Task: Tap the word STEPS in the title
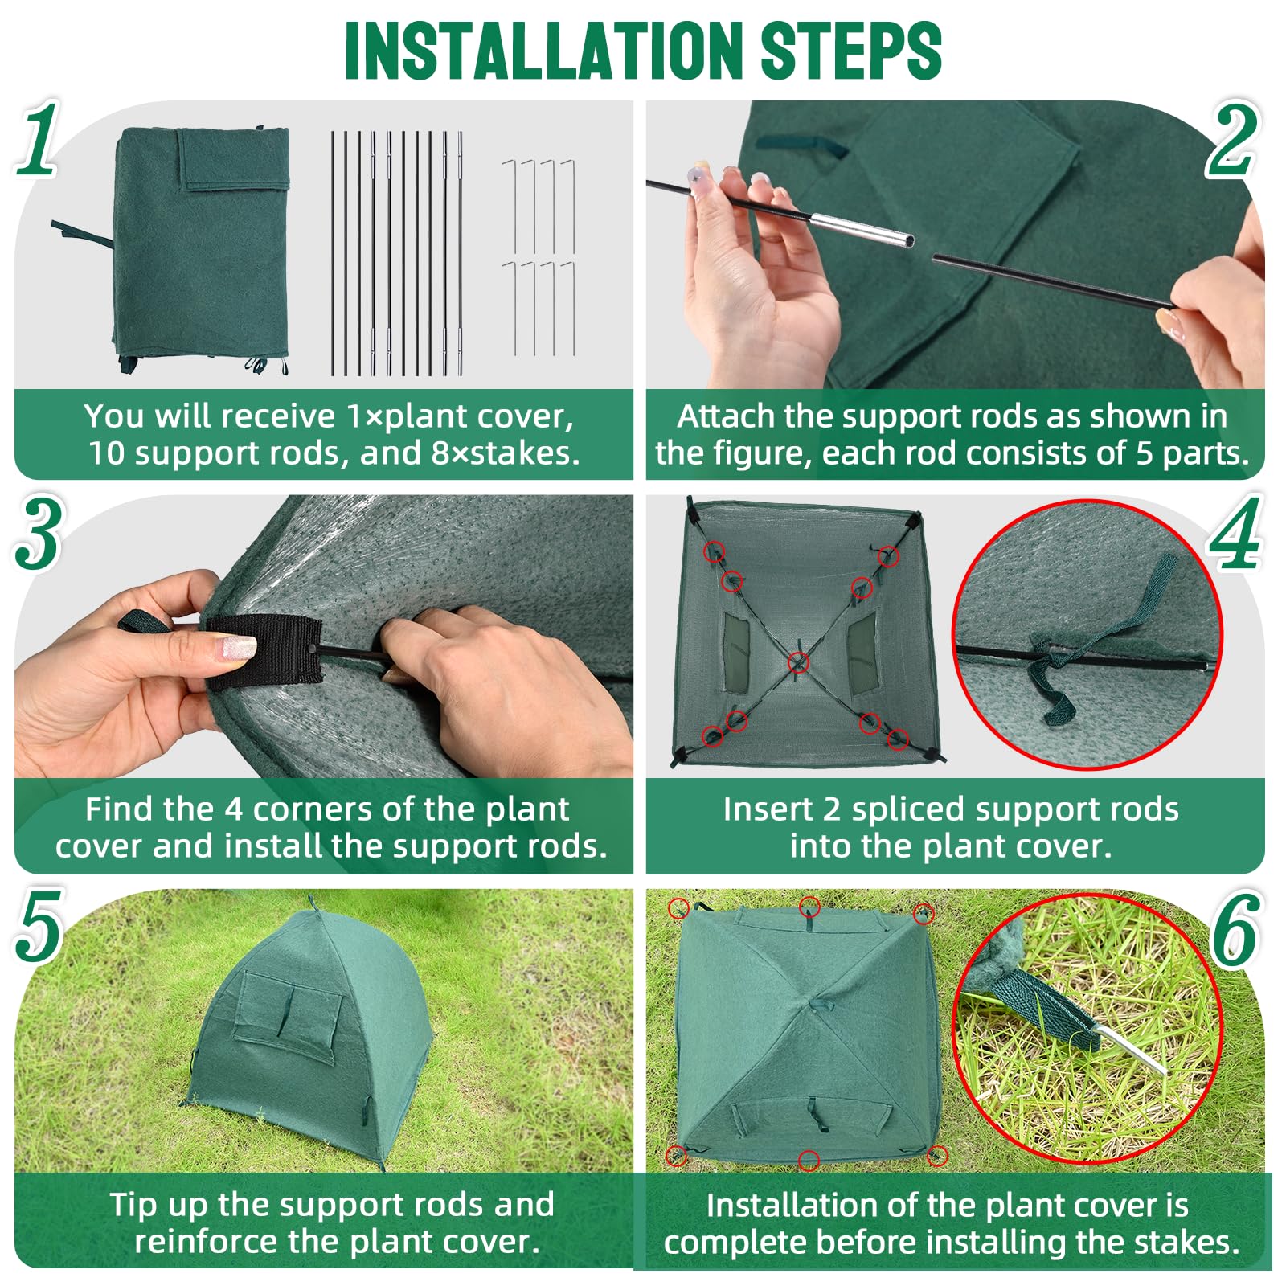[x=850, y=50]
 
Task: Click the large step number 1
[x=39, y=138]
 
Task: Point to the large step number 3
[x=38, y=532]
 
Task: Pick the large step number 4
[x=1235, y=532]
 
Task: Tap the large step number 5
[x=39, y=926]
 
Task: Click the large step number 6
[x=1235, y=928]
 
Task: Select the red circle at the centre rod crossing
[x=798, y=662]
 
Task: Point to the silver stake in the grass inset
[x=1129, y=1048]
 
